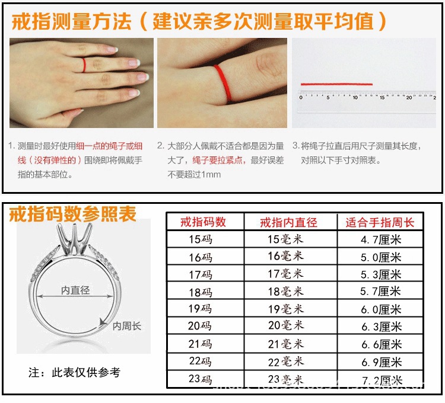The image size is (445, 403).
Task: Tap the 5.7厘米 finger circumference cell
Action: click(x=380, y=292)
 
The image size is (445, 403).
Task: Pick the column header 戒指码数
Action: click(x=204, y=222)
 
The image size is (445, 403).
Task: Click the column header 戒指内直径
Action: click(x=289, y=222)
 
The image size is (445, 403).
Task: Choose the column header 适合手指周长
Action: click(x=380, y=222)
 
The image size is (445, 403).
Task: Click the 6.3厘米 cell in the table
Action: click(x=380, y=327)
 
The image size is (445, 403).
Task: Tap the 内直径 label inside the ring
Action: click(x=75, y=290)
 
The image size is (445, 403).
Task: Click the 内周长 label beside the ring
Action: click(x=127, y=326)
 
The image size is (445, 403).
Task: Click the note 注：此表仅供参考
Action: click(x=74, y=373)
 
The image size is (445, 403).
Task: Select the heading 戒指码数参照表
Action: click(x=72, y=213)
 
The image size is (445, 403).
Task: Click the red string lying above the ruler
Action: click(x=336, y=84)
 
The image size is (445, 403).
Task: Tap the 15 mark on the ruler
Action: click(x=382, y=97)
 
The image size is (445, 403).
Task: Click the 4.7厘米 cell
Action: click(x=380, y=239)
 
